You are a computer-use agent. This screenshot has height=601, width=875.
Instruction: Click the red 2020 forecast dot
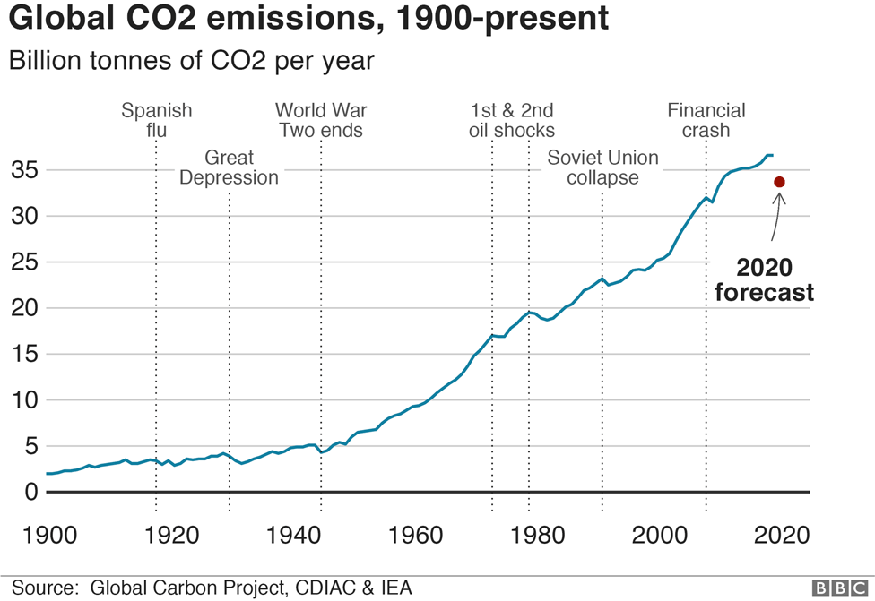tap(779, 182)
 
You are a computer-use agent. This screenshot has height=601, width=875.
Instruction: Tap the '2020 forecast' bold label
tap(764, 279)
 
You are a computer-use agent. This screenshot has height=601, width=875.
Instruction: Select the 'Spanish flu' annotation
tap(157, 120)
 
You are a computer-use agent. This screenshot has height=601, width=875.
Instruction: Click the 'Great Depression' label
tap(230, 167)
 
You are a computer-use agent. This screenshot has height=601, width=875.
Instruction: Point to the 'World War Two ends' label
tap(321, 120)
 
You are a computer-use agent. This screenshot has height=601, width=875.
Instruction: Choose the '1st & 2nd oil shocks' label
tap(512, 120)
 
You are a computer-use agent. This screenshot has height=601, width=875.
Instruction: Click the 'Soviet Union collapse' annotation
tap(602, 167)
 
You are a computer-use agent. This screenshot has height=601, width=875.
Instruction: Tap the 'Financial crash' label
tap(706, 120)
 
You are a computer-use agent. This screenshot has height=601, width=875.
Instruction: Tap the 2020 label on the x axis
tap(782, 536)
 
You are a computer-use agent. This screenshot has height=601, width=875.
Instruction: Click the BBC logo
tap(839, 588)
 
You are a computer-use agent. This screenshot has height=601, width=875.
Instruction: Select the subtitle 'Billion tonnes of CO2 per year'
tap(190, 61)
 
